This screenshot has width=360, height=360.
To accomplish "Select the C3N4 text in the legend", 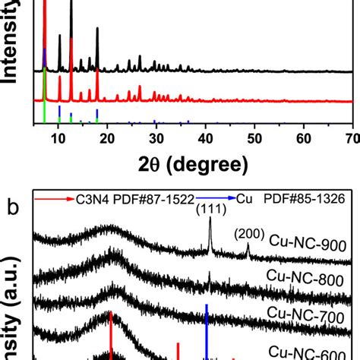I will pyautogui.click(x=96, y=198).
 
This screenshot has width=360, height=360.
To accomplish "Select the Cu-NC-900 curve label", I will pyautogui.click(x=308, y=244).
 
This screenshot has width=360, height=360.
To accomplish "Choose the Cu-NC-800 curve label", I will pyautogui.click(x=308, y=279).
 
